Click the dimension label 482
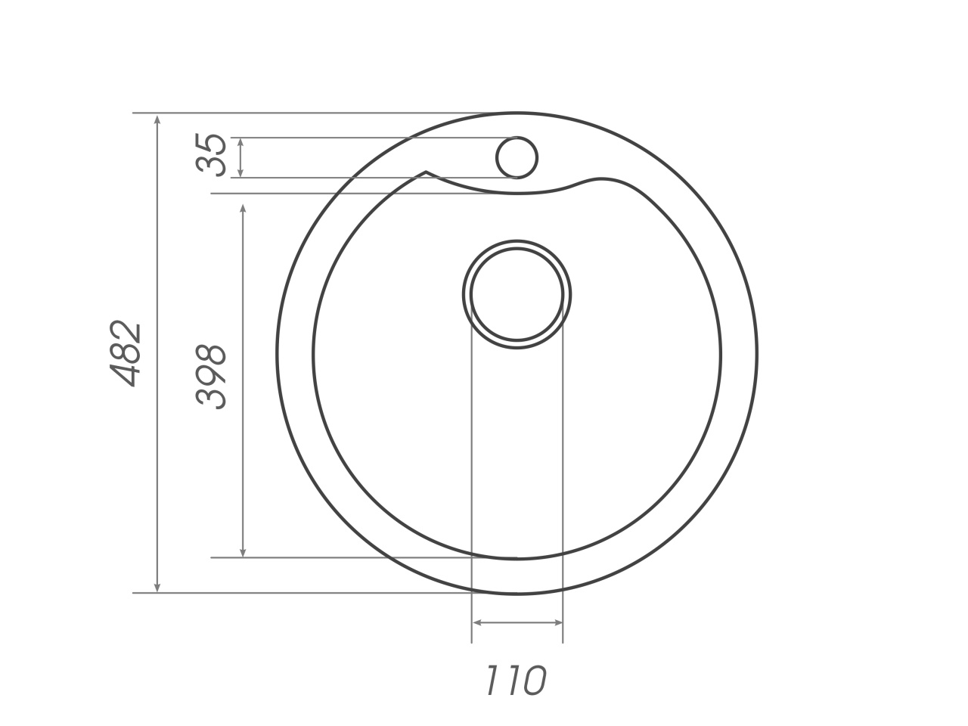[126, 354]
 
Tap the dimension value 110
[515, 681]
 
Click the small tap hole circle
[517, 158]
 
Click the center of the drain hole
[517, 295]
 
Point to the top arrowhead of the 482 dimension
[157, 119]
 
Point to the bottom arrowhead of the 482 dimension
[157, 588]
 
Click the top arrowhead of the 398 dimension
[243, 209]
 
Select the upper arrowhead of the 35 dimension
[240, 142]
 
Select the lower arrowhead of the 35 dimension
[240, 173]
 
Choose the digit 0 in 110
[532, 681]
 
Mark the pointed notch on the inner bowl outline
[427, 172]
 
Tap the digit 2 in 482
[126, 331]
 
